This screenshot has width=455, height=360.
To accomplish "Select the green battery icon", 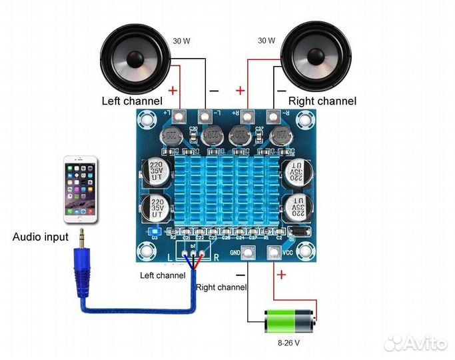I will (290, 321).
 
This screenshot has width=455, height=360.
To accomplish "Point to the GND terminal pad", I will (249, 253).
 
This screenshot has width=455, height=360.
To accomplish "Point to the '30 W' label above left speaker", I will (181, 41).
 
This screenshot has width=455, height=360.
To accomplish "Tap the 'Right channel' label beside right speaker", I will (322, 101).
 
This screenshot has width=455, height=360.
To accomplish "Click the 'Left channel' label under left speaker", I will (131, 101).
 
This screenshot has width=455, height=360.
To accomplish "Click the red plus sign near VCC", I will (281, 274).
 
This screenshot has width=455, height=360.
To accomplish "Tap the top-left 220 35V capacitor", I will (157, 171).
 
